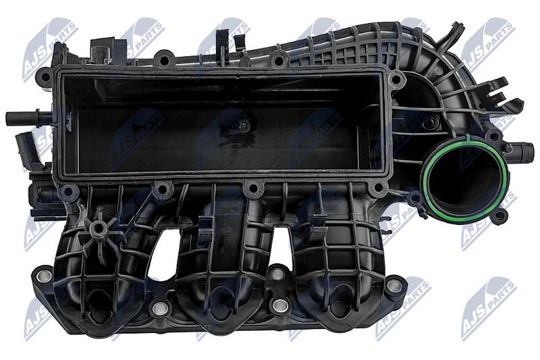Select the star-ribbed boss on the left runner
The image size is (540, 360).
pyautogui.click(x=99, y=228)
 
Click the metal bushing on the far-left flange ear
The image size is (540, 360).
pyautogui.click(x=45, y=275)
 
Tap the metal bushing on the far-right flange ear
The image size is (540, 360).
pyautogui.click(x=394, y=285)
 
